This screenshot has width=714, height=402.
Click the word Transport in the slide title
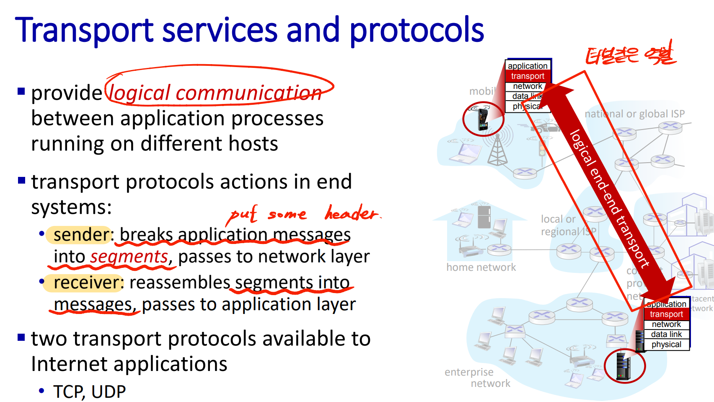click(84, 30)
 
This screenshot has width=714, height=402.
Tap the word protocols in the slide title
click(416, 30)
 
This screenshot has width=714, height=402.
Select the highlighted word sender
click(81, 235)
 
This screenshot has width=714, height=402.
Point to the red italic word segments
click(129, 257)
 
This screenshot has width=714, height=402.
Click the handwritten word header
click(352, 213)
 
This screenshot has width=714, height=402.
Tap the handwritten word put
click(242, 215)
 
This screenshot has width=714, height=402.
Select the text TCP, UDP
click(90, 392)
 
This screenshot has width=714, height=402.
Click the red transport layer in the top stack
click(528, 76)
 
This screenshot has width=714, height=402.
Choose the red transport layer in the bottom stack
click(666, 314)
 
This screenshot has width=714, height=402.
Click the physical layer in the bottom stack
click(666, 345)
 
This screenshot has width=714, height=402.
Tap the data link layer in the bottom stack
click(666, 334)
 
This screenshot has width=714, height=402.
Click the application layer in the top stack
click(528, 66)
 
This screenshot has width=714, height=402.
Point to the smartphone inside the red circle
click(483, 119)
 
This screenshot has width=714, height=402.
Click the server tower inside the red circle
click(624, 366)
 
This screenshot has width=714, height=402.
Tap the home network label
click(481, 267)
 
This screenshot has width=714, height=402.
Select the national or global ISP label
click(634, 114)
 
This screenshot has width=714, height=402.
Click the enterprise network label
click(478, 378)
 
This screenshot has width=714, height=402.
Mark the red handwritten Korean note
click(631, 55)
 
